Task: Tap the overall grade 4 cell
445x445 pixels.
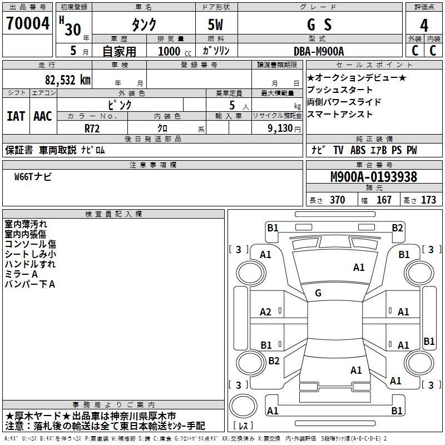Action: [424, 25]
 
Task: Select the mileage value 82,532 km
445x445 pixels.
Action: [67, 80]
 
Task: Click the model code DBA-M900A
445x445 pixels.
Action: [319, 51]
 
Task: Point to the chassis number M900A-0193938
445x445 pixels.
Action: [374, 177]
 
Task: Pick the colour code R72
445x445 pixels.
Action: [92, 128]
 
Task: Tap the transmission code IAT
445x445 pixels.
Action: [16, 116]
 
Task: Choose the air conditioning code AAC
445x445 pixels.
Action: [43, 116]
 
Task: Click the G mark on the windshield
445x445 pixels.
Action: [318, 293]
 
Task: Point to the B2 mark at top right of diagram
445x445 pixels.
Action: [397, 228]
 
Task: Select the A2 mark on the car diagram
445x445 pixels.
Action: [266, 312]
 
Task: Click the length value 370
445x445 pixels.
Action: [337, 200]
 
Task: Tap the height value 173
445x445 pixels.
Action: [428, 200]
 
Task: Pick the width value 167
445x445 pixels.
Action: [384, 200]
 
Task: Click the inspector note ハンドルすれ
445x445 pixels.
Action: [30, 264]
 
